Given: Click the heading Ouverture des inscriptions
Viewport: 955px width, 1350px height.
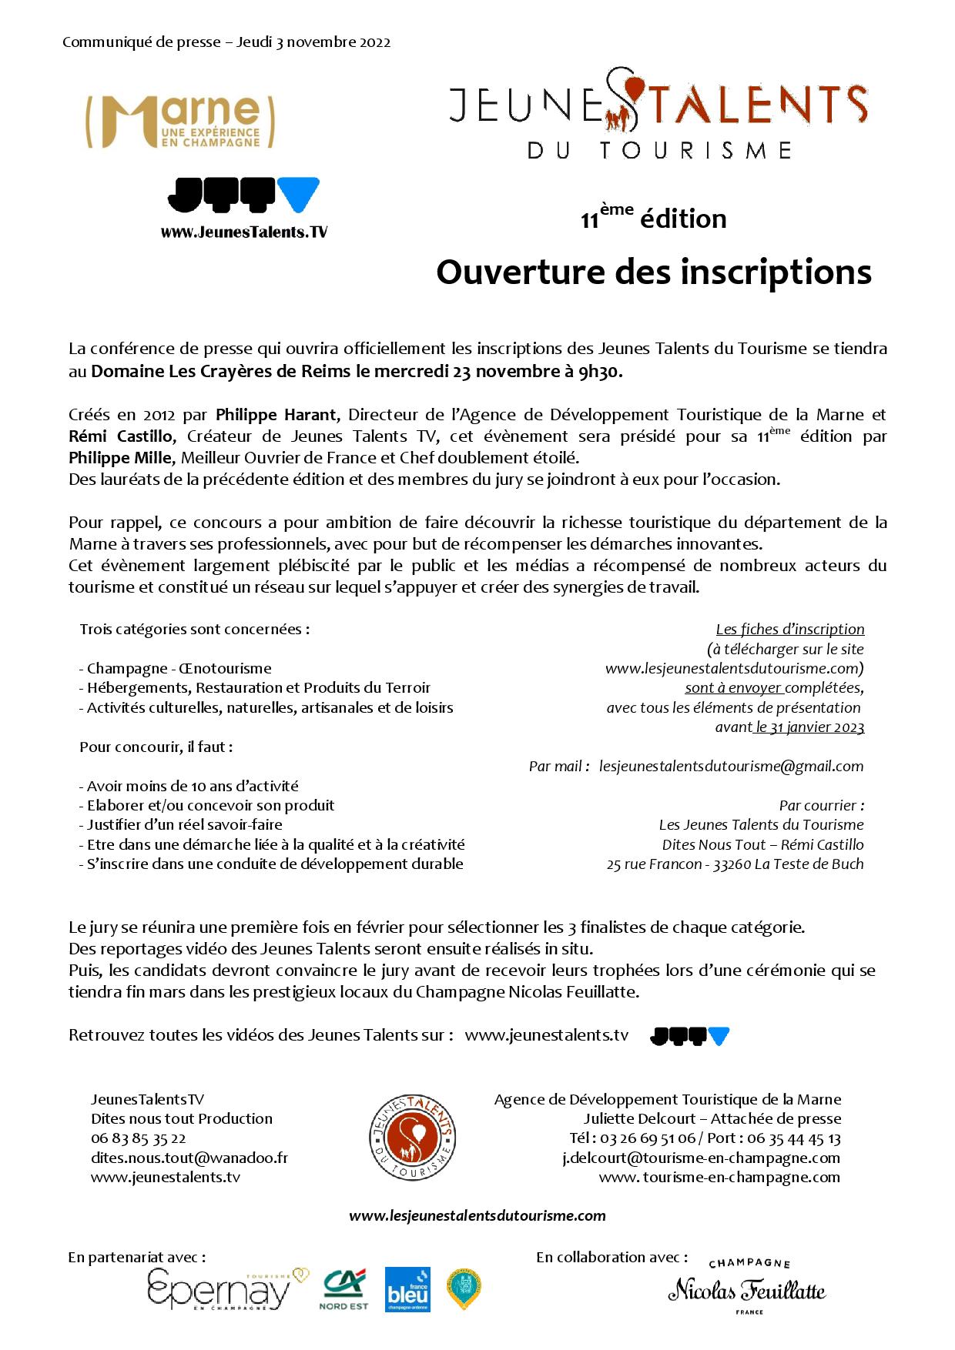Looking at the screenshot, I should [653, 272].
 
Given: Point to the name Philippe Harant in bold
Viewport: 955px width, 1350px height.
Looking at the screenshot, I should [276, 415].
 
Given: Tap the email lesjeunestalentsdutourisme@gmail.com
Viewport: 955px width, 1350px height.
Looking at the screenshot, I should [731, 766].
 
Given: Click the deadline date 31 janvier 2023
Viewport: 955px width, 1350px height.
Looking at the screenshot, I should [810, 727].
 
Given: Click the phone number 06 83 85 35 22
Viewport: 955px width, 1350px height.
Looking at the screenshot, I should [139, 1138].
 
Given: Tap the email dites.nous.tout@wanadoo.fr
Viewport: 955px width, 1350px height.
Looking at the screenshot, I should [189, 1158].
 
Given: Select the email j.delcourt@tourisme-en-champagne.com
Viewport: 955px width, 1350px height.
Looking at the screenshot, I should [701, 1158].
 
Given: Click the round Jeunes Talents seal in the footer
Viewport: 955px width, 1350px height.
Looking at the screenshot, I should [410, 1136].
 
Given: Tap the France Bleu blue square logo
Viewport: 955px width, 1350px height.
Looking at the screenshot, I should [407, 1290].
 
